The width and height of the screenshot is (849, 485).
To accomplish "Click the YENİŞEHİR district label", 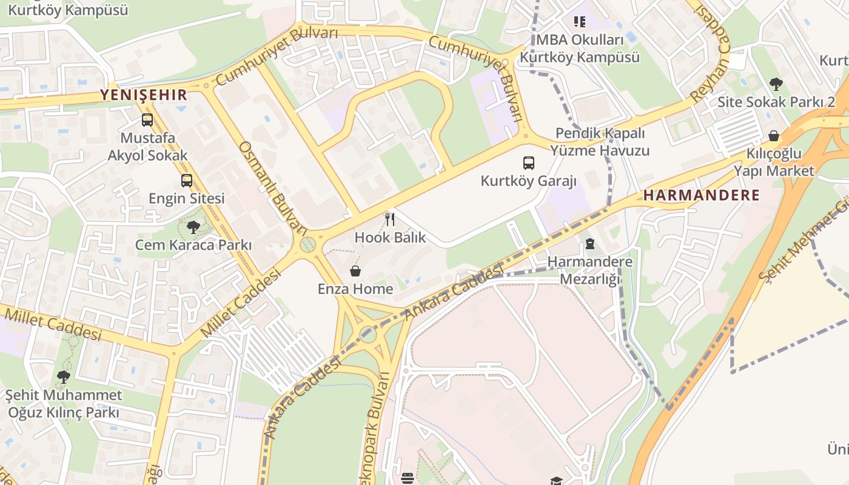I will tap(144, 95).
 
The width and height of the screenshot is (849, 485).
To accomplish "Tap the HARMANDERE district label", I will tap(701, 195).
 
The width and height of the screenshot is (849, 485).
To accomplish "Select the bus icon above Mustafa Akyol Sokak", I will tap(147, 120).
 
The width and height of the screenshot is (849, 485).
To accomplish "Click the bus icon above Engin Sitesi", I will tap(187, 180).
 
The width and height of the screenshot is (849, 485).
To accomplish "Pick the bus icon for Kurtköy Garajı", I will tap(529, 162).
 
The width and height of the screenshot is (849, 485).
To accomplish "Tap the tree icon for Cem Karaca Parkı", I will tap(193, 227).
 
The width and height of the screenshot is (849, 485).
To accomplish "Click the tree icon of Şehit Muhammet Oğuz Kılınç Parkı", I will tap(63, 377).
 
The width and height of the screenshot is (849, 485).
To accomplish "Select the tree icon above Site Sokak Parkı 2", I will tap(776, 84).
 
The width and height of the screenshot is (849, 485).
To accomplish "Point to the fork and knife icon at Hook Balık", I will tap(390, 219).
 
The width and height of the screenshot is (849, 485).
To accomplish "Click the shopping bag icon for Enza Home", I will tap(355, 271).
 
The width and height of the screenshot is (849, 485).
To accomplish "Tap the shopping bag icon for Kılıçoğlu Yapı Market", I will tap(774, 136).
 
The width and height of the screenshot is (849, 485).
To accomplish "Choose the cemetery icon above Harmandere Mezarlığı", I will tap(589, 244).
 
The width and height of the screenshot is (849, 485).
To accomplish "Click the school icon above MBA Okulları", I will tap(580, 22).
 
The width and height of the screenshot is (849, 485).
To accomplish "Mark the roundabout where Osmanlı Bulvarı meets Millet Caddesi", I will tap(307, 246).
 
